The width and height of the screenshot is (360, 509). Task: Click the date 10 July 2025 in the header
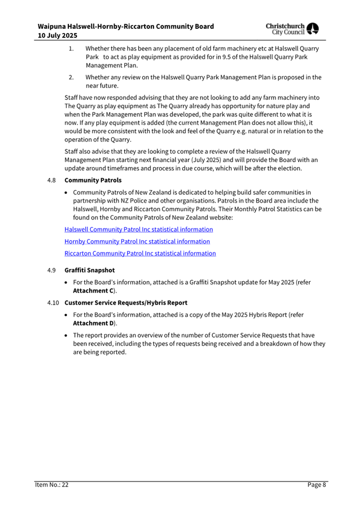click(57, 36)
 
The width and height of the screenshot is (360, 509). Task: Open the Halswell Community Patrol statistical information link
click(139, 229)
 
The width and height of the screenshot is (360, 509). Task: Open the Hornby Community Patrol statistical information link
click(137, 241)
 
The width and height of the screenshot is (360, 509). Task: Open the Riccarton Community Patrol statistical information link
click(140, 253)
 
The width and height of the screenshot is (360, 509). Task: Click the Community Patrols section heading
click(93, 180)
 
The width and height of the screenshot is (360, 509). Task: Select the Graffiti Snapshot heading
click(89, 271)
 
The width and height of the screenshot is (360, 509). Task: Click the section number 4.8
click(51, 180)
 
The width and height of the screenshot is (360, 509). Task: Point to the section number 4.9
click(51, 271)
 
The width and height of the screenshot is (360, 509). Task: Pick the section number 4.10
click(52, 303)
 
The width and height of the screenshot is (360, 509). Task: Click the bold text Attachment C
click(93, 291)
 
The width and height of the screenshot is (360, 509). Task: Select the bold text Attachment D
click(94, 323)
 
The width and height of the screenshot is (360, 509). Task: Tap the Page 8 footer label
click(316, 485)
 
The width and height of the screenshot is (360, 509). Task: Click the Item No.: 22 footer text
click(52, 485)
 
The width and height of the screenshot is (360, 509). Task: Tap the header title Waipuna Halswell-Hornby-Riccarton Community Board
click(126, 26)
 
